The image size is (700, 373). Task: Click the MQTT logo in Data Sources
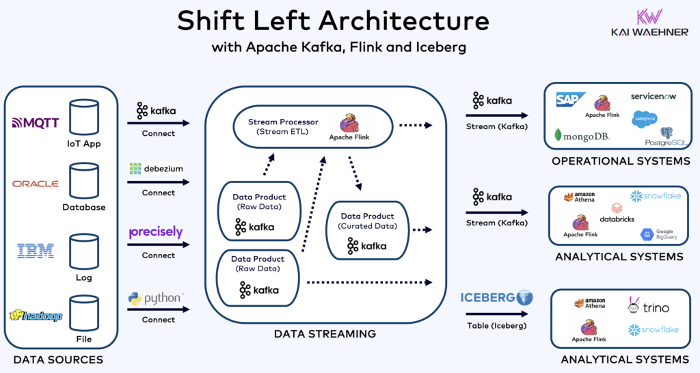click(36, 123)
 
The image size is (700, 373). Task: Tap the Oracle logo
click(36, 184)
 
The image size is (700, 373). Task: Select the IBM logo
click(36, 251)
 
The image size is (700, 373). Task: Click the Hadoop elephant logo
click(36, 316)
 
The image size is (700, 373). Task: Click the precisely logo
click(156, 232)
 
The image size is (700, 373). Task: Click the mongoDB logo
click(582, 135)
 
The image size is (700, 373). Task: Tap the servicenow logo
click(653, 97)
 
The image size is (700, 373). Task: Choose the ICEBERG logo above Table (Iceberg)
click(496, 298)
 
